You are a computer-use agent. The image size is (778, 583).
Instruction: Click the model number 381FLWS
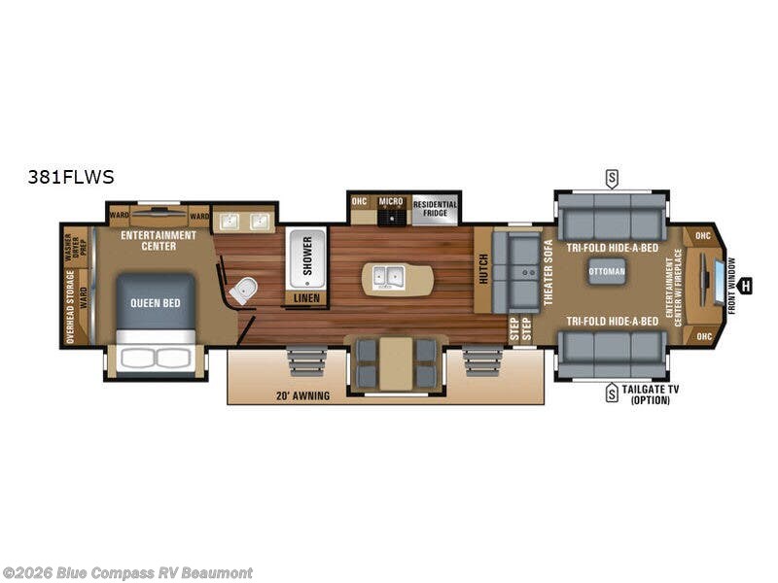coord(72,177)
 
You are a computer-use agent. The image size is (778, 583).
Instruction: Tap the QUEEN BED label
coord(156,303)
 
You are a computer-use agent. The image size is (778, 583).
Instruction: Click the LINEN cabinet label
coord(306,298)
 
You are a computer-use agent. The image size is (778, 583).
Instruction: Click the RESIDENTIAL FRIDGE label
coord(435,209)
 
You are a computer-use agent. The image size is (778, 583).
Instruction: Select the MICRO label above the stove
coord(391,201)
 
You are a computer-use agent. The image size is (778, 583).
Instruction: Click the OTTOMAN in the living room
coord(607,271)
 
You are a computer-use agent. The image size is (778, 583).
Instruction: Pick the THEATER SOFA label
coord(548,272)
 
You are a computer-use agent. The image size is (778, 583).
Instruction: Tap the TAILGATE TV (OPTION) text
coord(650,394)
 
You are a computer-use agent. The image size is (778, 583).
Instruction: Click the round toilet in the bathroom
coord(244,289)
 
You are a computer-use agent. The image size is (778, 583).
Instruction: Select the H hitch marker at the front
coord(745,286)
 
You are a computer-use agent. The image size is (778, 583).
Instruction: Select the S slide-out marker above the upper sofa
coord(612,178)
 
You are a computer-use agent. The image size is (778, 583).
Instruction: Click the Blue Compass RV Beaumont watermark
coord(127,572)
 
